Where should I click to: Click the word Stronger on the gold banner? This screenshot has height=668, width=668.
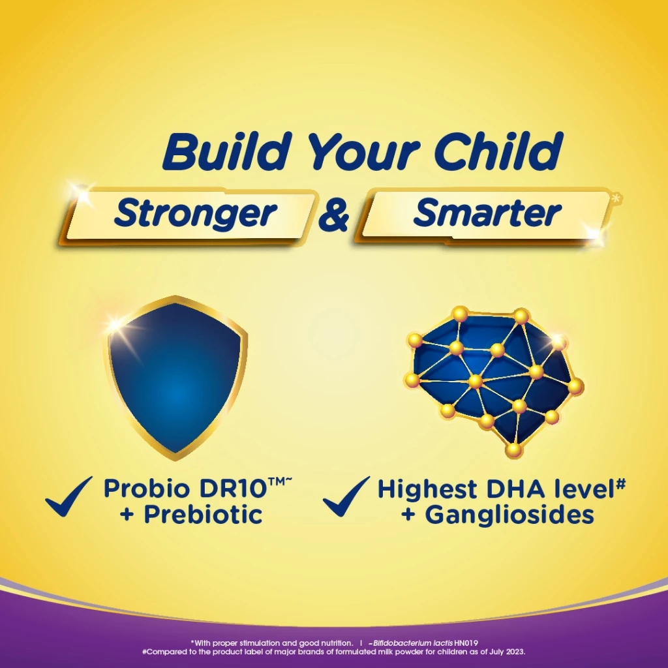195,214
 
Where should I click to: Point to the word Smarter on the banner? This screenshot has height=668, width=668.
487,213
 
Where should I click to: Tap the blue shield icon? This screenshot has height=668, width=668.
176,375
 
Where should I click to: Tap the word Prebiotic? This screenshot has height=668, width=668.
203,515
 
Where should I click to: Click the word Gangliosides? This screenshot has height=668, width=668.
509,515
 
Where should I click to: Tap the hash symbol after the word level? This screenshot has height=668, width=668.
622,484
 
